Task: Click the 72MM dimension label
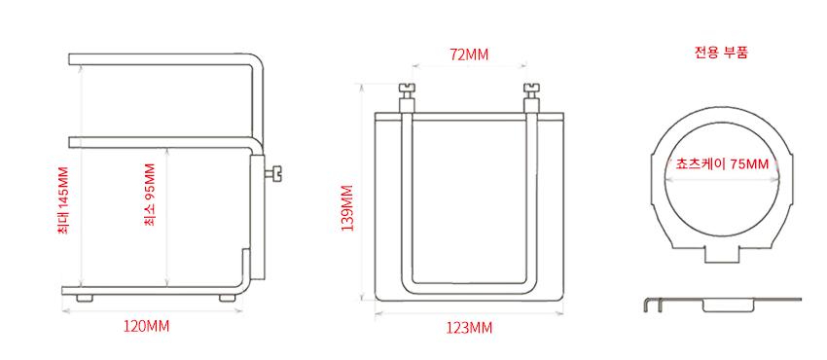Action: click(x=469, y=54)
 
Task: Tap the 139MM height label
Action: click(x=347, y=207)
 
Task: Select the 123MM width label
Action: click(x=469, y=328)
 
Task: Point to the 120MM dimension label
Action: click(x=147, y=326)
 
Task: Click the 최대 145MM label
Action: click(x=63, y=200)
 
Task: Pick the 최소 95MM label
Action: click(x=150, y=195)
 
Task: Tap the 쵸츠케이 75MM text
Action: click(x=722, y=163)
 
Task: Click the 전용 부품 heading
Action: click(x=722, y=53)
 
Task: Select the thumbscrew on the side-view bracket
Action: click(x=273, y=174)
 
